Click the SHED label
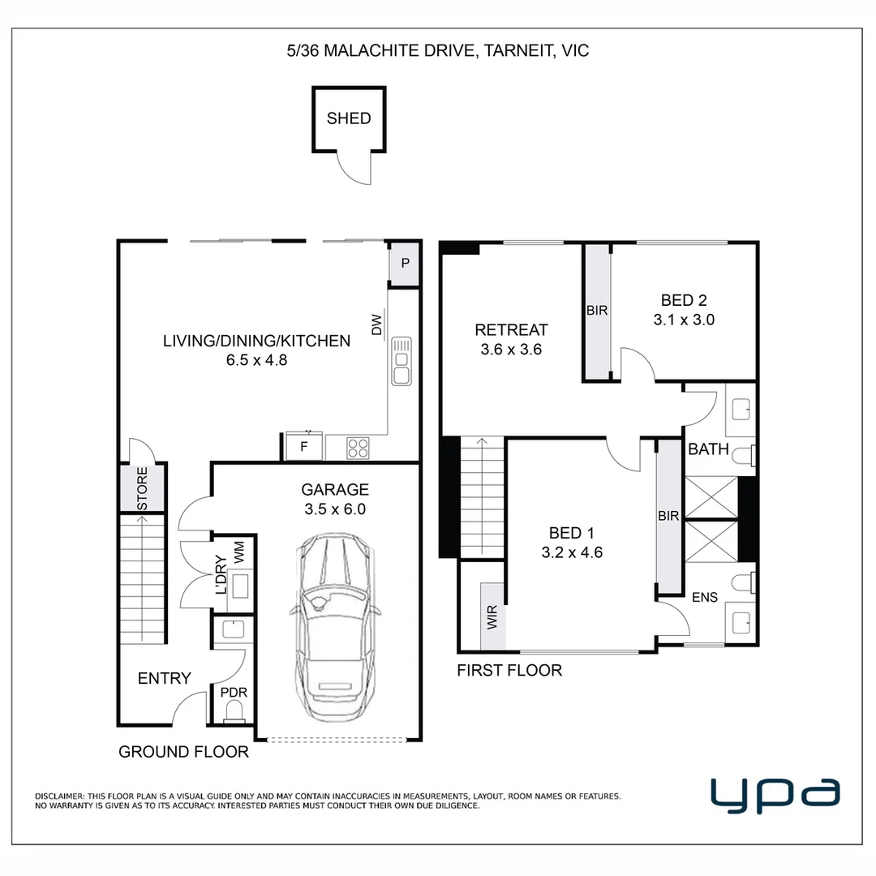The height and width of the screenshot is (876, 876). [349, 118]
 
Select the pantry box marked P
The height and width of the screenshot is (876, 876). [405, 263]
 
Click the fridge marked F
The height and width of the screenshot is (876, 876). [304, 446]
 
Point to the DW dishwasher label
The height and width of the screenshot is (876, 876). [377, 324]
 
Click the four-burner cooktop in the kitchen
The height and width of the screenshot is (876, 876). [358, 448]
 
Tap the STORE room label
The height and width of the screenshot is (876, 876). [143, 489]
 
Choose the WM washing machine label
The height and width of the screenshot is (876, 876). [239, 552]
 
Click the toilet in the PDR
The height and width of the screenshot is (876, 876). [234, 711]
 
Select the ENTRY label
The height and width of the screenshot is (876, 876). [164, 678]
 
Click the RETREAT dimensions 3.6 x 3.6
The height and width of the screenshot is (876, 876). [511, 350]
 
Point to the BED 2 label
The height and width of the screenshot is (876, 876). [684, 300]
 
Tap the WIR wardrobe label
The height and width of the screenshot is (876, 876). [492, 617]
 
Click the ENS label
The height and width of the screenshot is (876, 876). [705, 597]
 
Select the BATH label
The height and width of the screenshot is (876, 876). [708, 449]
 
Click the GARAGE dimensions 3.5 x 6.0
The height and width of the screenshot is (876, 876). [335, 509]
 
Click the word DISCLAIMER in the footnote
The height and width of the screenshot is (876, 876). [59, 797]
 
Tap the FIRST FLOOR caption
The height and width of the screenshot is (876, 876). [509, 671]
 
